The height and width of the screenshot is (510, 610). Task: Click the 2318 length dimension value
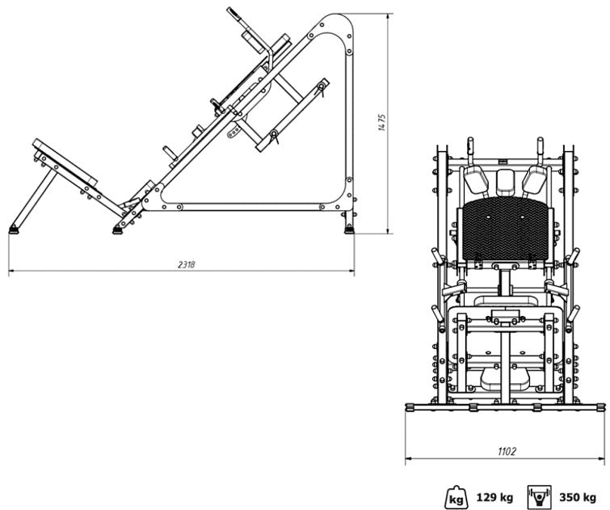(187, 265)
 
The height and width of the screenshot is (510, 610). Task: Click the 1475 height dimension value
(382, 123)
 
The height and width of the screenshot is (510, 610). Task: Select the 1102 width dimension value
(507, 452)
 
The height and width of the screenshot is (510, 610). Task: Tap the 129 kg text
(494, 497)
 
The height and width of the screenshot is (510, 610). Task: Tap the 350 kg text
(578, 497)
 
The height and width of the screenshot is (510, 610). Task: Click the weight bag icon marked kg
(456, 497)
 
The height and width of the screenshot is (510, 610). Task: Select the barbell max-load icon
(540, 497)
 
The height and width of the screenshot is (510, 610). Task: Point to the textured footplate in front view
(505, 229)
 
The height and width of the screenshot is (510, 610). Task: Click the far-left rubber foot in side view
(14, 230)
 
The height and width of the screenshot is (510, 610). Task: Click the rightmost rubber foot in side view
(349, 230)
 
